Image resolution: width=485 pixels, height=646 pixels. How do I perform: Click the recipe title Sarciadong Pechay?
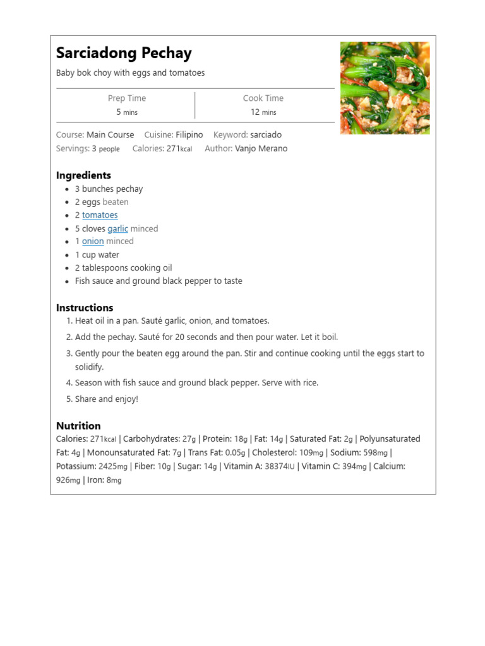click(124, 53)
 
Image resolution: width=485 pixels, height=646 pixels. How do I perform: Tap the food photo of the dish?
click(385, 88)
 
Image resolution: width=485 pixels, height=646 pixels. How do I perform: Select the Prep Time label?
click(126, 98)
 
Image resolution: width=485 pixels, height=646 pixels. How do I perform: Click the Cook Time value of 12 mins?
click(263, 112)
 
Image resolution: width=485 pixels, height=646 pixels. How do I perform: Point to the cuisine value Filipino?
click(189, 134)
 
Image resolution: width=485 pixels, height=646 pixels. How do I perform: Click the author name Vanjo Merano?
click(261, 148)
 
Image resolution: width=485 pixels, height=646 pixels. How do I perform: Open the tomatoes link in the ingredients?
click(100, 215)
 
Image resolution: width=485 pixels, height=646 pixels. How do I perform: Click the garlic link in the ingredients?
click(117, 228)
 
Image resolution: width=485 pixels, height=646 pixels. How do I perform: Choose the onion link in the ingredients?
click(93, 241)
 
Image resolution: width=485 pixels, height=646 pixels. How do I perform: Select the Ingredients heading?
click(83, 175)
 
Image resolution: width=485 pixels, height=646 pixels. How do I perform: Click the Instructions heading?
click(85, 308)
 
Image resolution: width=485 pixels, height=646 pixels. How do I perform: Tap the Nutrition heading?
click(78, 426)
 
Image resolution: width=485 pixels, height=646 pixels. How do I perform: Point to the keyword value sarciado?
click(266, 134)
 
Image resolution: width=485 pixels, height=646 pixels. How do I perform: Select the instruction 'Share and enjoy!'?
click(106, 399)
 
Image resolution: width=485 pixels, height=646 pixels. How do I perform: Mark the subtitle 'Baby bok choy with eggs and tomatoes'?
click(130, 73)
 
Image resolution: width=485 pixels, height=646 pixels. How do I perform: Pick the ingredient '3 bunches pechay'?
click(109, 189)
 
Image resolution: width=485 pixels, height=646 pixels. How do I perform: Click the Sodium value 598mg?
click(376, 452)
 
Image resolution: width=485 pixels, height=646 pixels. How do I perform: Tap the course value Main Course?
click(110, 134)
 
